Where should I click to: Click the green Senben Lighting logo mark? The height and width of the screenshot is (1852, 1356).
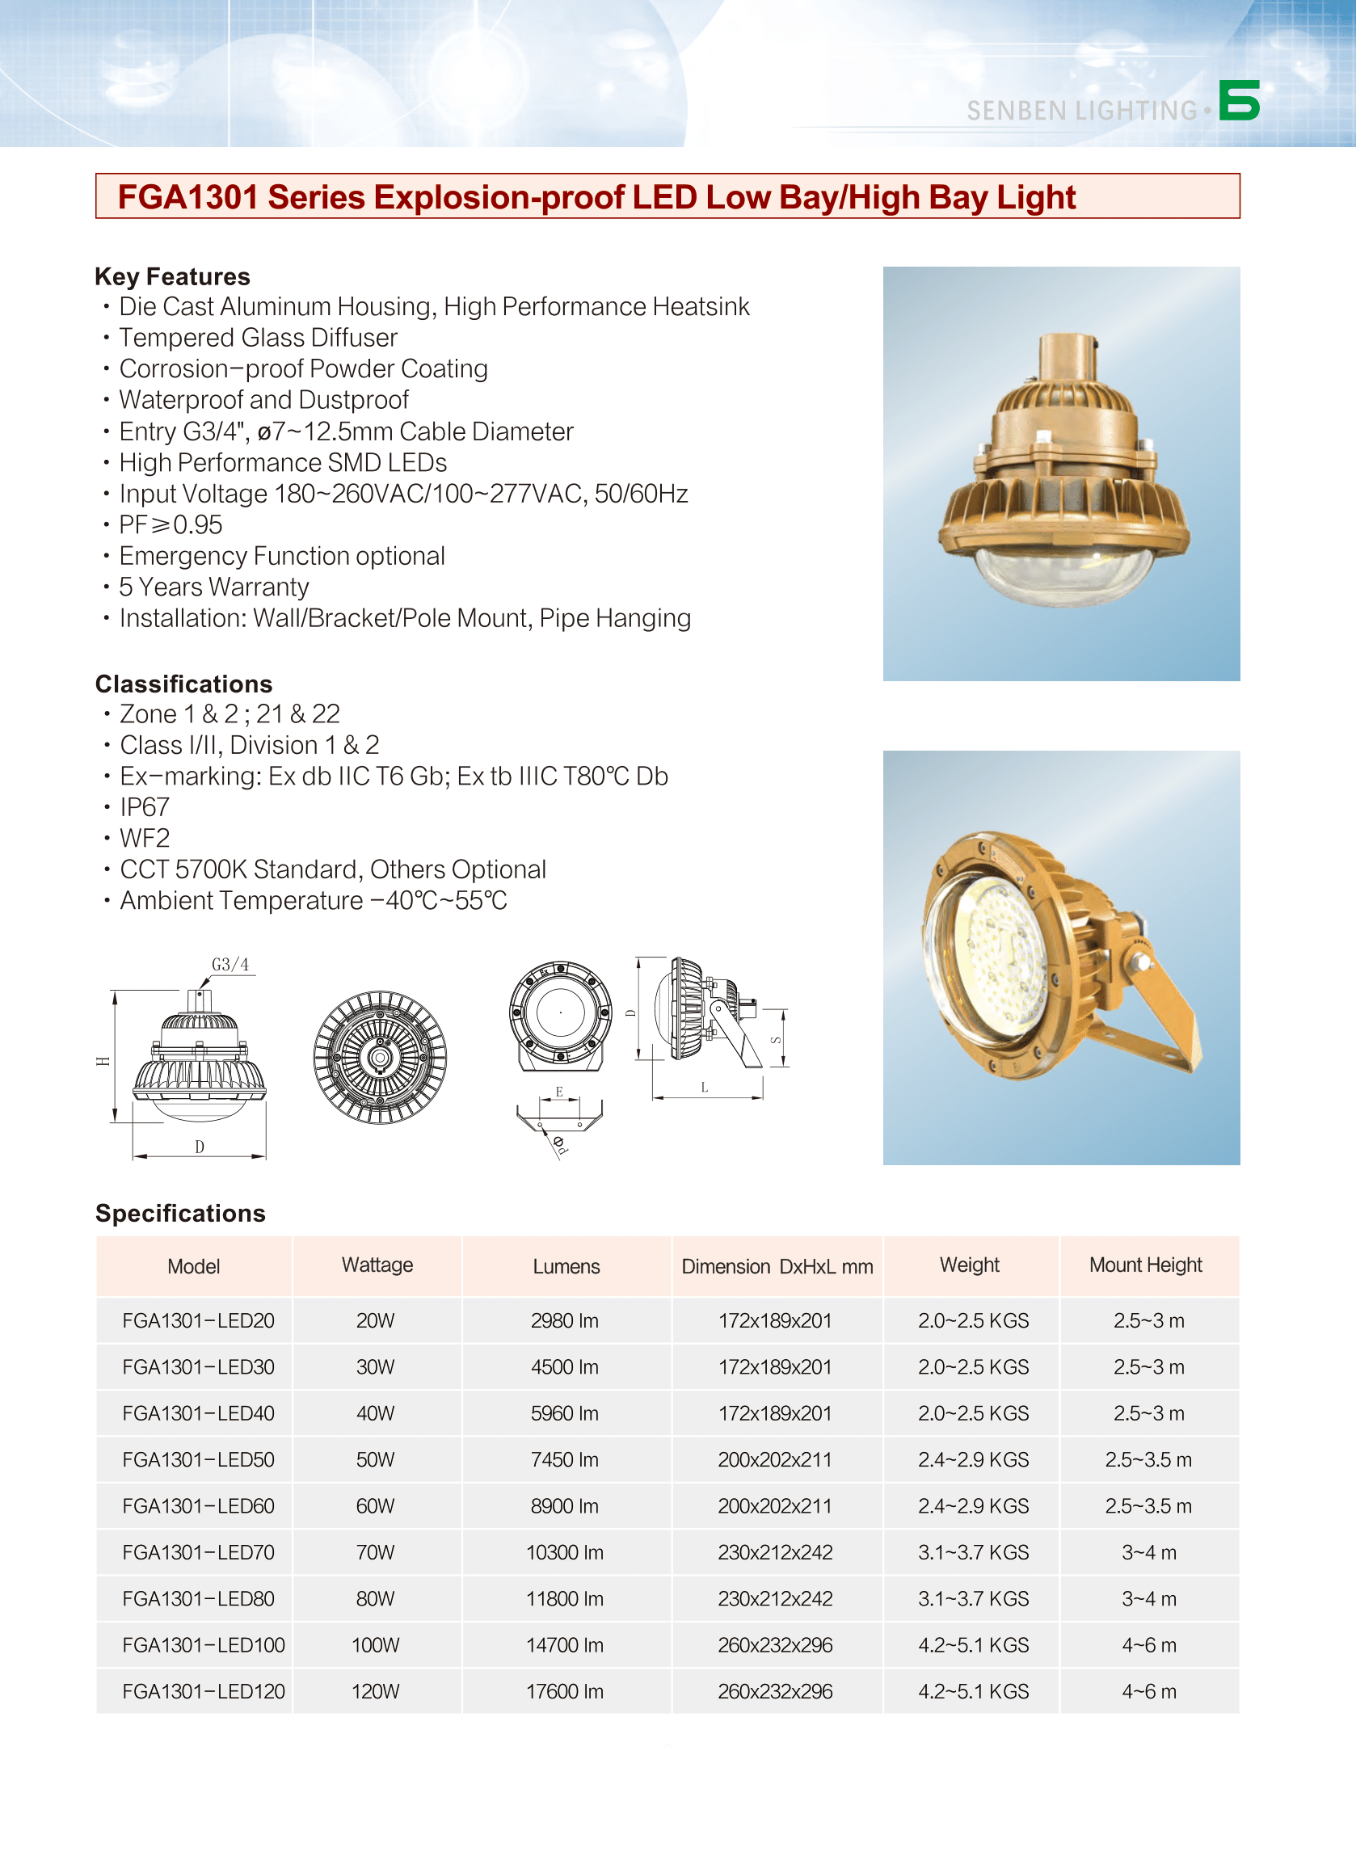pyautogui.click(x=1239, y=100)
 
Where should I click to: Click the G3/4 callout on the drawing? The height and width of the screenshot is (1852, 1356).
pyautogui.click(x=230, y=964)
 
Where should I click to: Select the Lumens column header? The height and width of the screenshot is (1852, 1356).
pyautogui.click(x=566, y=1266)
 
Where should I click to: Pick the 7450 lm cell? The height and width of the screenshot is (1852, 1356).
pyautogui.click(x=565, y=1460)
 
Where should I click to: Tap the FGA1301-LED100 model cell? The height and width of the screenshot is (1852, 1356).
pyautogui.click(x=203, y=1645)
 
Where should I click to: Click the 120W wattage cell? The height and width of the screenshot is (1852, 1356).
pyautogui.click(x=375, y=1691)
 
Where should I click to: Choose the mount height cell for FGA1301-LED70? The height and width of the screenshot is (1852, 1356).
pyautogui.click(x=1149, y=1552)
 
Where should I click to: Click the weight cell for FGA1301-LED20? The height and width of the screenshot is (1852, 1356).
pyautogui.click(x=973, y=1320)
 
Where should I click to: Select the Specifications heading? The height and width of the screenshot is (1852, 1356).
pyautogui.click(x=179, y=1213)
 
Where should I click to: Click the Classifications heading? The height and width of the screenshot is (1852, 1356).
pyautogui.click(x=183, y=684)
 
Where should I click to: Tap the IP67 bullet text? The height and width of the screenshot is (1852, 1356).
pyautogui.click(x=145, y=807)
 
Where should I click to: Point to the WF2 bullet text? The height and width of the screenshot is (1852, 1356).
pyautogui.click(x=145, y=839)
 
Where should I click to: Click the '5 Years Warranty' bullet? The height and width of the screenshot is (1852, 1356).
pyautogui.click(x=213, y=587)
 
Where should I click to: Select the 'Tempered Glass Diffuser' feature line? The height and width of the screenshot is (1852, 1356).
pyautogui.click(x=258, y=338)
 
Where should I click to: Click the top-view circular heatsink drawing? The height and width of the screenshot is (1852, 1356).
pyautogui.click(x=379, y=1057)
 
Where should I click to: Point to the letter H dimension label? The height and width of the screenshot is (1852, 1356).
pyautogui.click(x=103, y=1061)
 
